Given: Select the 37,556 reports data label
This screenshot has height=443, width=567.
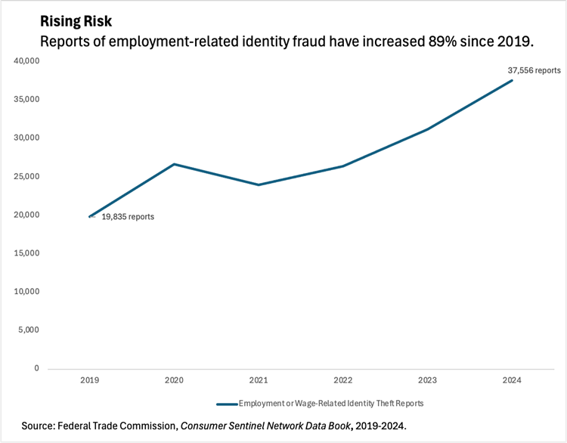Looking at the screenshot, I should pos(534,70).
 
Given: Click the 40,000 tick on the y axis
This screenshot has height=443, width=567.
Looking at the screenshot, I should pos(26,61).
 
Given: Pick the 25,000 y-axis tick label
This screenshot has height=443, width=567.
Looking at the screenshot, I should pos(26,177).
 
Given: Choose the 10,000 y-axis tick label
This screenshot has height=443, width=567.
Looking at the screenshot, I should pos(26,292).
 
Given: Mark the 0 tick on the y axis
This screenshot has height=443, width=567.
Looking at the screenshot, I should pos(36,369).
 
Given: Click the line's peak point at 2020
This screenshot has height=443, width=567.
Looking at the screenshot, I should pos(174,164).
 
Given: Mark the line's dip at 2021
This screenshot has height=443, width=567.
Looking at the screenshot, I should pos(259,184).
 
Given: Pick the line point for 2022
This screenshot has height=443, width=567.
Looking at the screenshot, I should pos(343,166).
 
